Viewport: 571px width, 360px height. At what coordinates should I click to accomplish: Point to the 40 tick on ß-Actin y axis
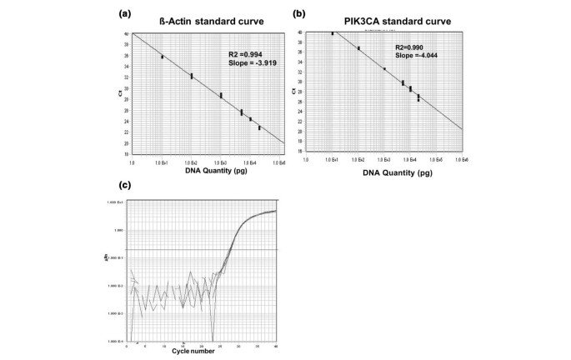(x=126, y=34)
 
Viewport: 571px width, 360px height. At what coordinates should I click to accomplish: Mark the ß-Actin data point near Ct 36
(x=163, y=57)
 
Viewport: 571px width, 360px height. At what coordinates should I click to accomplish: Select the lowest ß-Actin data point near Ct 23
(x=259, y=127)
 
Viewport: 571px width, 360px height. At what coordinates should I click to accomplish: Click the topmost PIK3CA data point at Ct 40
(x=333, y=33)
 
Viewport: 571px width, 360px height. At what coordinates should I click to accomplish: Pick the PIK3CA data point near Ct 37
(x=358, y=48)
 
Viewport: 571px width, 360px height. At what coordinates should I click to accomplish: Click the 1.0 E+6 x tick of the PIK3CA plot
(x=461, y=158)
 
